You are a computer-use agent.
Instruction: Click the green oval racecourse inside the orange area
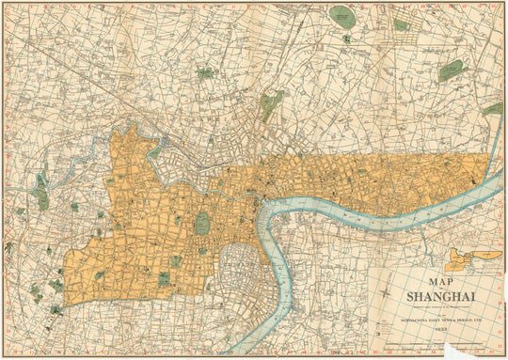[202, 224]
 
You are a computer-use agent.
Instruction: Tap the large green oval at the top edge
[341, 16]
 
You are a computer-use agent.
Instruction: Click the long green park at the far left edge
[40, 188]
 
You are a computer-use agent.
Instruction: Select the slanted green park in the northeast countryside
[452, 70]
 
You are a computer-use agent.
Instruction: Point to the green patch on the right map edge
[493, 109]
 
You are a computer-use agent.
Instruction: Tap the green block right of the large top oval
[402, 24]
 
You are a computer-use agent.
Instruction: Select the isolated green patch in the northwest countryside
[206, 71]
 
